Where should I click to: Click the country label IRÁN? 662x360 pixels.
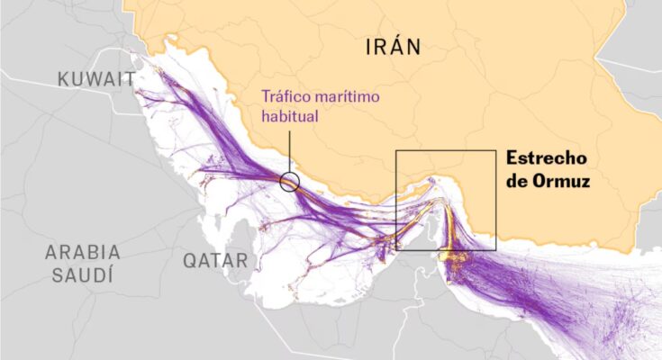393,47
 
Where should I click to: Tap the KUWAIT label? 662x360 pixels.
97,80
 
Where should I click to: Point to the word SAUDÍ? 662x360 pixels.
83,274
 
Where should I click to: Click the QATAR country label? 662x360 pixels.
215,261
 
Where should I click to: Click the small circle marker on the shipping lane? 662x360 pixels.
289,182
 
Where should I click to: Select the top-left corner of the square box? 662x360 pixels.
396,151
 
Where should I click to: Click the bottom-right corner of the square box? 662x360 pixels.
495,250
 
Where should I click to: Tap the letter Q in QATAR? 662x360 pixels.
190,261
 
